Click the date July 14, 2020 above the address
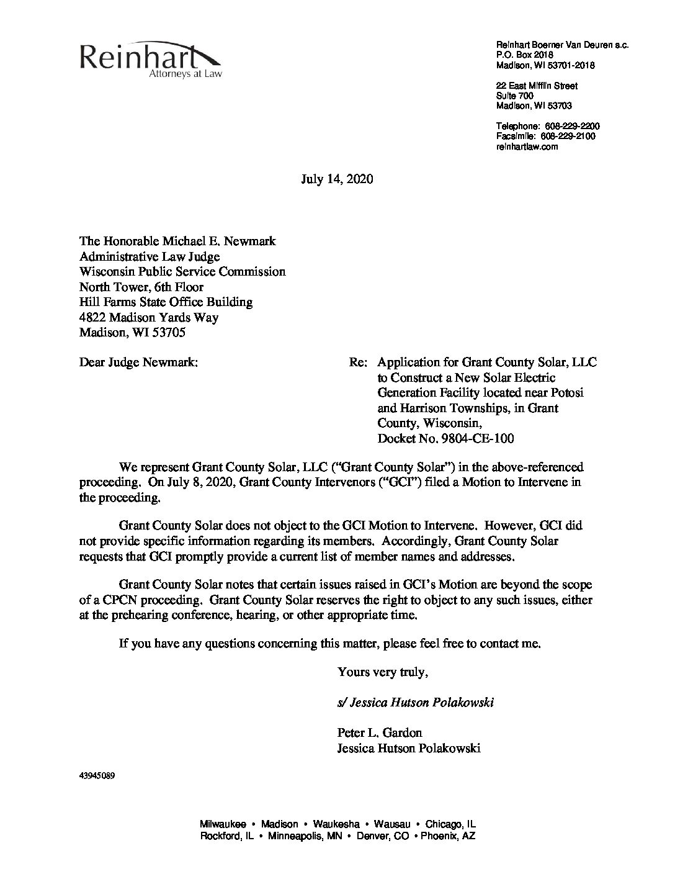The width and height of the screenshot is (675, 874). [x=337, y=180]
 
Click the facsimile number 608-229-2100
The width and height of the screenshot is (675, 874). [x=568, y=136]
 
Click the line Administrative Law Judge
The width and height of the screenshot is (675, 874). [x=150, y=256]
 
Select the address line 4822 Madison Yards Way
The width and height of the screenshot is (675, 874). [x=149, y=317]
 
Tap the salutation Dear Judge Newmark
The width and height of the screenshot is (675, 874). [x=139, y=363]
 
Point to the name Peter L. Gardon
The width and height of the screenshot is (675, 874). [x=380, y=733]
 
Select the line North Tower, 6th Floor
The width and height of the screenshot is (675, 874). [x=141, y=287]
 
